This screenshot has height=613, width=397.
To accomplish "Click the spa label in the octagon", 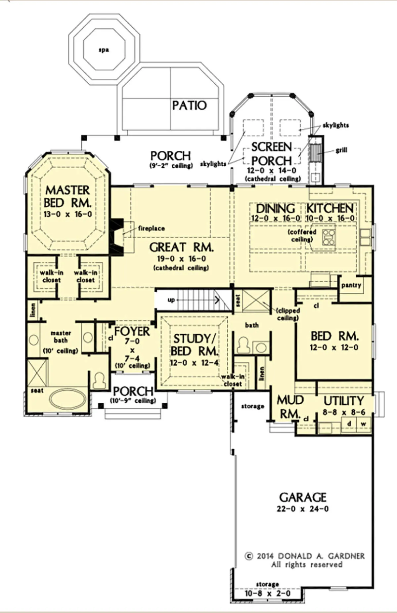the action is tap(104, 50).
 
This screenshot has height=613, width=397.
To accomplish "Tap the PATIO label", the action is tap(189, 106).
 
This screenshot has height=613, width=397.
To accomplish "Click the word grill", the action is tap(341, 150).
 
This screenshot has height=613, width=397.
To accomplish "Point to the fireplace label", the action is tap(151, 228).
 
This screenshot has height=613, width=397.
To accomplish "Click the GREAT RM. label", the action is tap(181, 247).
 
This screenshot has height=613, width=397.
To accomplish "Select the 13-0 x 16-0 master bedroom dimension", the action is tap(68, 214).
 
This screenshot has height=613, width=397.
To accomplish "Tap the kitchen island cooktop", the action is tap(329, 237).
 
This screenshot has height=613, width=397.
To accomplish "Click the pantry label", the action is tap(351, 285).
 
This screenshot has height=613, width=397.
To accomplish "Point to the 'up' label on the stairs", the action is tap(171, 300).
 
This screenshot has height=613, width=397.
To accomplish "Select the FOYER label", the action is tap(132, 332).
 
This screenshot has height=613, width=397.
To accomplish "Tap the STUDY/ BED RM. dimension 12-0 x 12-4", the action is tap(194, 363).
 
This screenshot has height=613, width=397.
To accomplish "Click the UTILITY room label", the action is tap(343, 401).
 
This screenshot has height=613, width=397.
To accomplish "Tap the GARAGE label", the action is tap(303, 497).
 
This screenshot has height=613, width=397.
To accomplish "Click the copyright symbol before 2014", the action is tap(249, 556).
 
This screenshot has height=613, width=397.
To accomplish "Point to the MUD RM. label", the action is tap(289, 407).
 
